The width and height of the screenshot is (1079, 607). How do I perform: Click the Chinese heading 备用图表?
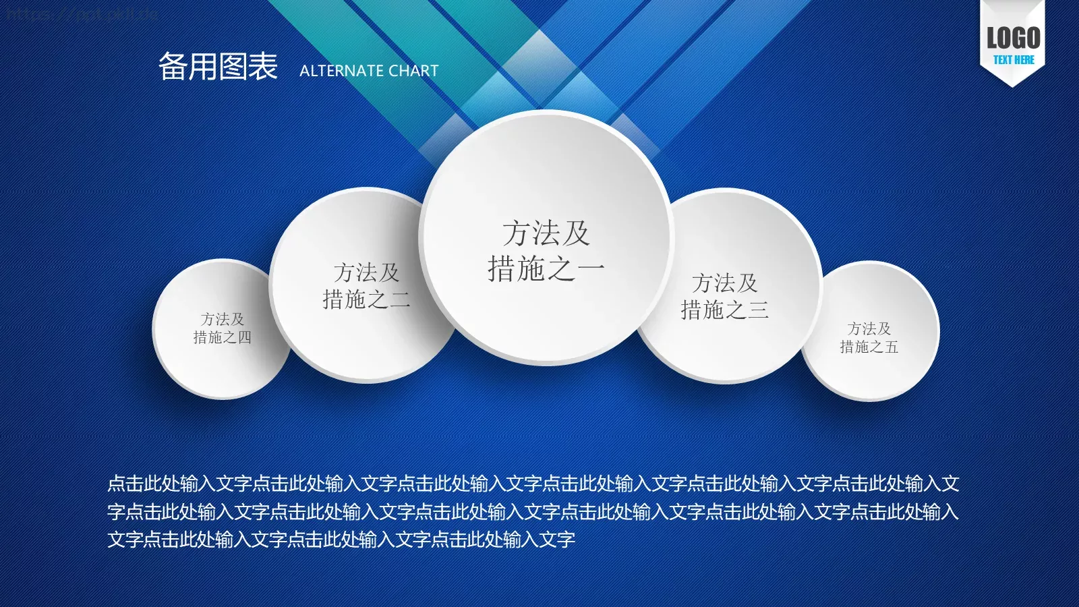pos(218,67)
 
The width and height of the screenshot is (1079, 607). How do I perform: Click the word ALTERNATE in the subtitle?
pos(341,71)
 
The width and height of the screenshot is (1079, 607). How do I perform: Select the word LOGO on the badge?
pos(1013,38)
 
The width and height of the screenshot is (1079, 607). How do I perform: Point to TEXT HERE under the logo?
pos(1013,60)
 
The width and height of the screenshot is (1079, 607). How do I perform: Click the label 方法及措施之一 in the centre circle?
pos(546,251)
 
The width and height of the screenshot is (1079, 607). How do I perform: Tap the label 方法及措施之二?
pos(366,286)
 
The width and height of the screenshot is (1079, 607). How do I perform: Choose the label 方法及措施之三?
pos(724,296)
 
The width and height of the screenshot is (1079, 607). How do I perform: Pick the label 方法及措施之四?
pos(222,328)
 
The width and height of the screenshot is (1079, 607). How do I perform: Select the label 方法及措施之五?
pos(869,338)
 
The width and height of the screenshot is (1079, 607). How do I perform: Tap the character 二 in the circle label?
pos(400,299)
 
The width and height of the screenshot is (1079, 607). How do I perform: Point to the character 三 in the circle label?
pos(758,310)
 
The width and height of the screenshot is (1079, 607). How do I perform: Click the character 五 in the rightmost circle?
pos(892,347)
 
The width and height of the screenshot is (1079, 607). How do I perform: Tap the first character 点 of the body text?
pos(117,484)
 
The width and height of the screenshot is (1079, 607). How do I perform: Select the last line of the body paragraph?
pos(341,540)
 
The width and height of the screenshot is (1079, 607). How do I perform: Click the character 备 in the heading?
pos(173,67)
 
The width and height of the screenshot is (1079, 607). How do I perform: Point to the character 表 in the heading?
pos(263,67)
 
